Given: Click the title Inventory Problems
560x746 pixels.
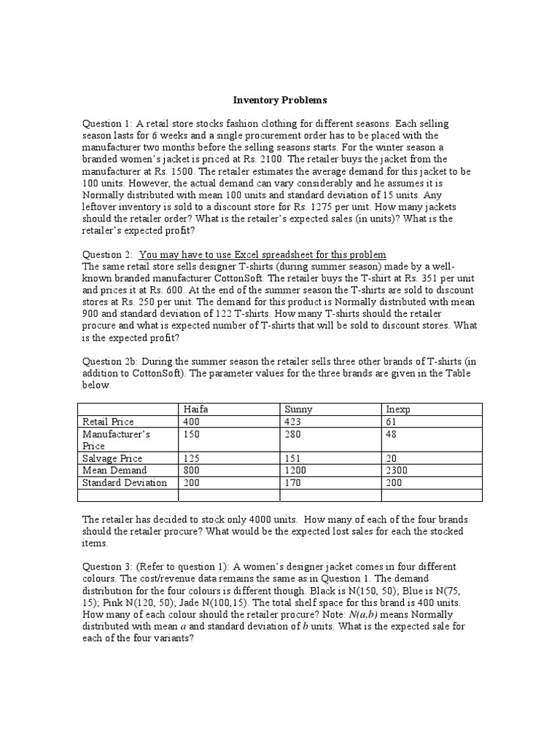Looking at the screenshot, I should (x=281, y=99).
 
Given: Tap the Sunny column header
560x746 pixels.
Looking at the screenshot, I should (x=297, y=409).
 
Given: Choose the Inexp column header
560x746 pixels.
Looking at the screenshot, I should (x=397, y=409).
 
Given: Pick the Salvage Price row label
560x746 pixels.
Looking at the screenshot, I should (x=113, y=458).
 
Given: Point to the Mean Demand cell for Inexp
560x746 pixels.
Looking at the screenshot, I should (x=398, y=471).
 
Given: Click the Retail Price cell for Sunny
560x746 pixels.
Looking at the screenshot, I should (x=292, y=421).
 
